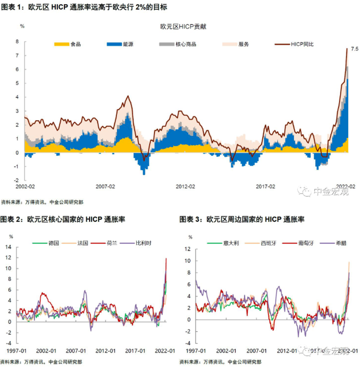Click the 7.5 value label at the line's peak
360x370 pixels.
point(354,48)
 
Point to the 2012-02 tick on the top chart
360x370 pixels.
point(186,186)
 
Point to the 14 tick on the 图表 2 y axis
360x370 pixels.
point(10,247)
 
